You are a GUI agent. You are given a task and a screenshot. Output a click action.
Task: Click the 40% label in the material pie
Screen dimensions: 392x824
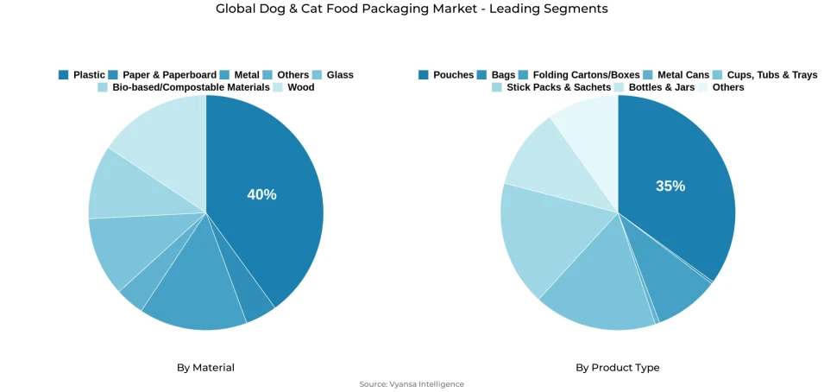(x=261, y=195)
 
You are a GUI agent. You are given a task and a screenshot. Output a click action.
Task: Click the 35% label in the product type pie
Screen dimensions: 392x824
(x=670, y=187)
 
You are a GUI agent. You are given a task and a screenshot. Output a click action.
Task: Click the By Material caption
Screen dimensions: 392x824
(x=205, y=368)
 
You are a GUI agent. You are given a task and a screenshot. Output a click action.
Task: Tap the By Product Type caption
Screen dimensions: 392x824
(x=617, y=368)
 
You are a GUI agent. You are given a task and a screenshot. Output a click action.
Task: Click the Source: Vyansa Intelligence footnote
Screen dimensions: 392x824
(x=412, y=384)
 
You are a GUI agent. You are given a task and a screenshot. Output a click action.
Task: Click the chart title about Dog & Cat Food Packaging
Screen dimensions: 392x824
(x=412, y=9)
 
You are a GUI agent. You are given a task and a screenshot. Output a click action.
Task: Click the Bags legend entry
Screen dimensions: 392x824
(x=502, y=75)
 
